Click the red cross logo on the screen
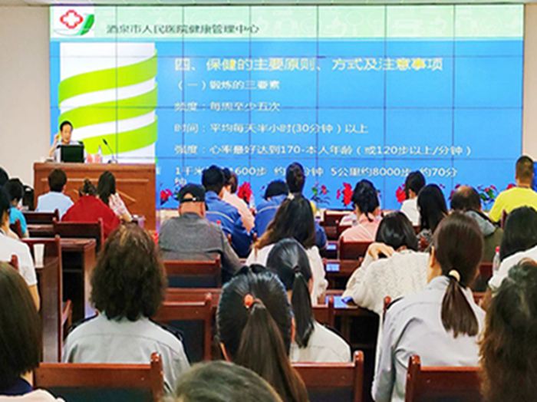(71, 20)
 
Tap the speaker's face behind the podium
(66, 129)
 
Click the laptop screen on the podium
(73, 153)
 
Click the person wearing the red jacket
(91, 210)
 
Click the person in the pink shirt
(362, 226)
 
